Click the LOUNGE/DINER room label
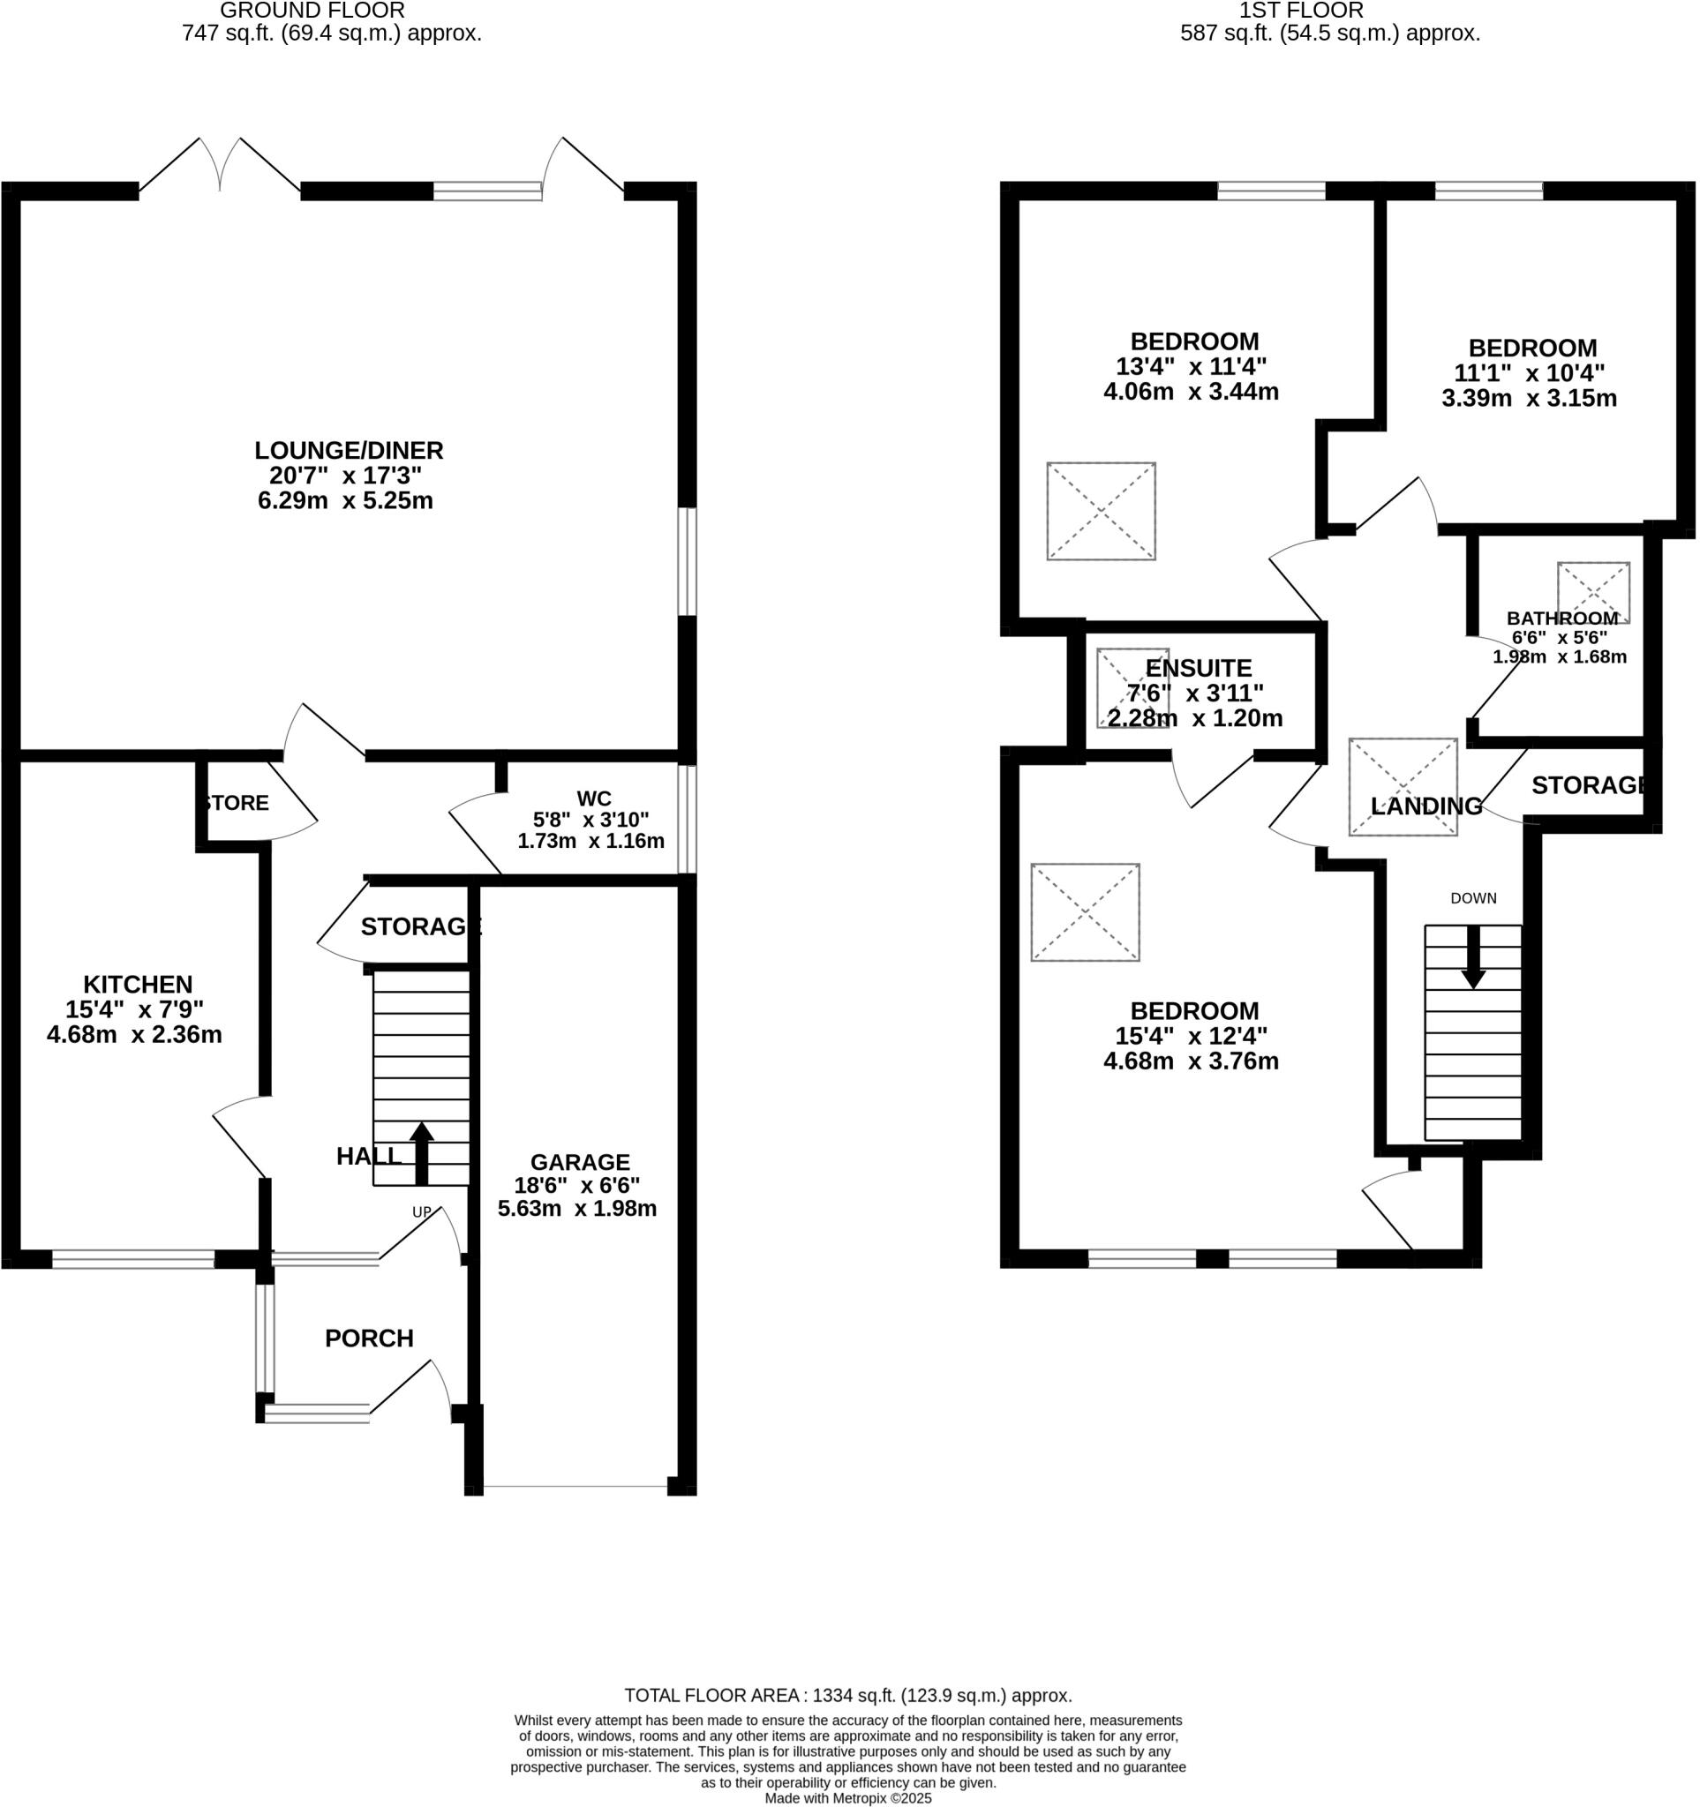coord(348,451)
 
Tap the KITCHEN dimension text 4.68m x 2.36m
coord(134,1034)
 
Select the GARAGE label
coord(580,1162)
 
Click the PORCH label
coord(369,1338)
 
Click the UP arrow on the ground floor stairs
coord(421,1152)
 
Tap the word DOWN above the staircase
coord(1473,898)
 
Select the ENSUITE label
coord(1198,668)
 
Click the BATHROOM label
coord(1561,619)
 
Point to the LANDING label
coord(1425,806)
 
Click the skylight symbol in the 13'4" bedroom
coord(1101,511)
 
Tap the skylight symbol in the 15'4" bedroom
coord(1085,911)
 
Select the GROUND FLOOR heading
coord(312,11)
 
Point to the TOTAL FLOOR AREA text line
coord(847,1695)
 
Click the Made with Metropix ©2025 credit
coord(847,1798)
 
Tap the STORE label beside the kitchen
coord(237,803)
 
